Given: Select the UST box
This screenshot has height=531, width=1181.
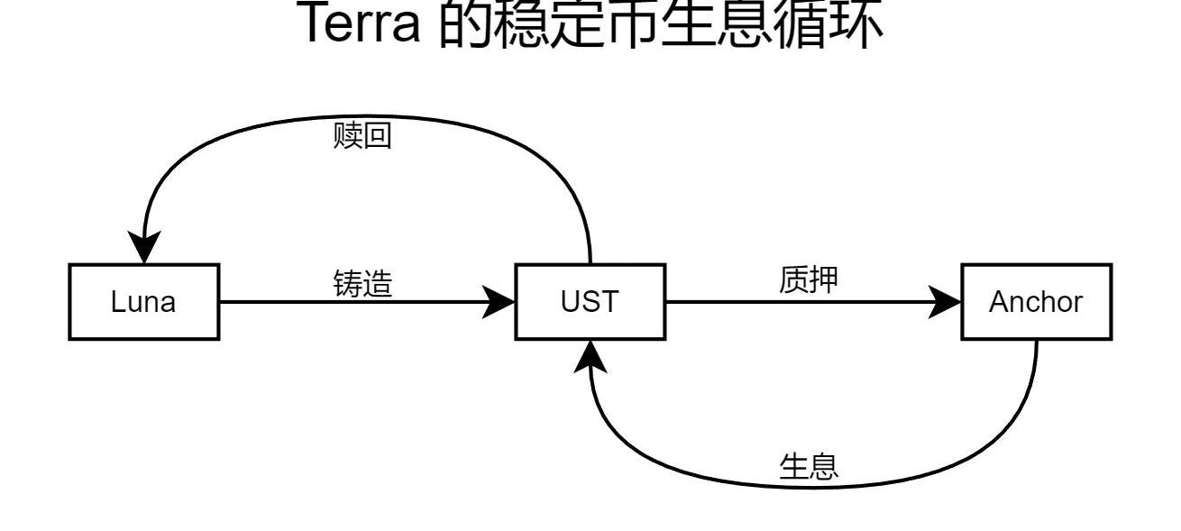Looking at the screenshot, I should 590,302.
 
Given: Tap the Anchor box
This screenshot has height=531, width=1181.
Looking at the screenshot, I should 1036,302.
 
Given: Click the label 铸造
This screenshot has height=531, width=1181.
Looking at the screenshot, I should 363,284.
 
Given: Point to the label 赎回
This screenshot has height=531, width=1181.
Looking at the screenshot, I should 362,137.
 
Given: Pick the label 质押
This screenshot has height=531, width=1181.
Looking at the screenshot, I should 809,281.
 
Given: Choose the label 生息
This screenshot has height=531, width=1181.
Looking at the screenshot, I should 809,466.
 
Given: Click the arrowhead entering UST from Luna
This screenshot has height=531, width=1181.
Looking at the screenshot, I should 499,302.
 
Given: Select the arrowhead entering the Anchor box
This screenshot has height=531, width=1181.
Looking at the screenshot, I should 946,302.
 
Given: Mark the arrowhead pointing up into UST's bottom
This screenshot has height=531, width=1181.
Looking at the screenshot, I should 590,357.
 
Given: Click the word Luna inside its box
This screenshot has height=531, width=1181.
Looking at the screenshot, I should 143,302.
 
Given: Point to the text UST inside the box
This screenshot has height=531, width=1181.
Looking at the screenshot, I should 590,302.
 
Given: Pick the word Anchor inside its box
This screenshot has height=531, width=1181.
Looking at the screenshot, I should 1036,302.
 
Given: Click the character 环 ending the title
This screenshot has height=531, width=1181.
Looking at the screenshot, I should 847,24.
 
